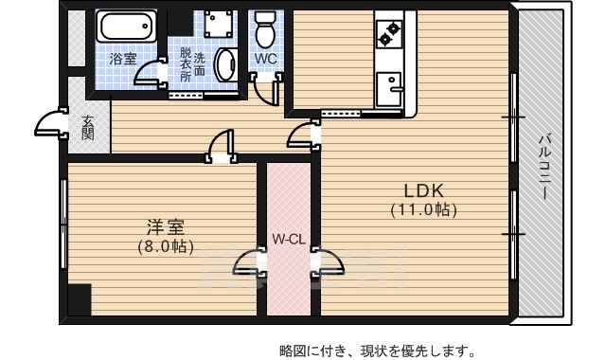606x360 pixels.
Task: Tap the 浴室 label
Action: (x=123, y=59)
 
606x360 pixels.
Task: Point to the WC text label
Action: (x=265, y=57)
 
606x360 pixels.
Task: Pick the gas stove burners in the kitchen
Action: (x=388, y=33)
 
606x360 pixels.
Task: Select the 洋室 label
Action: (x=165, y=227)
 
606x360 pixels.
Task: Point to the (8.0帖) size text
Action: (x=165, y=247)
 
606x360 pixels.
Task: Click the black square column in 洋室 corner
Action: (x=79, y=299)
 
